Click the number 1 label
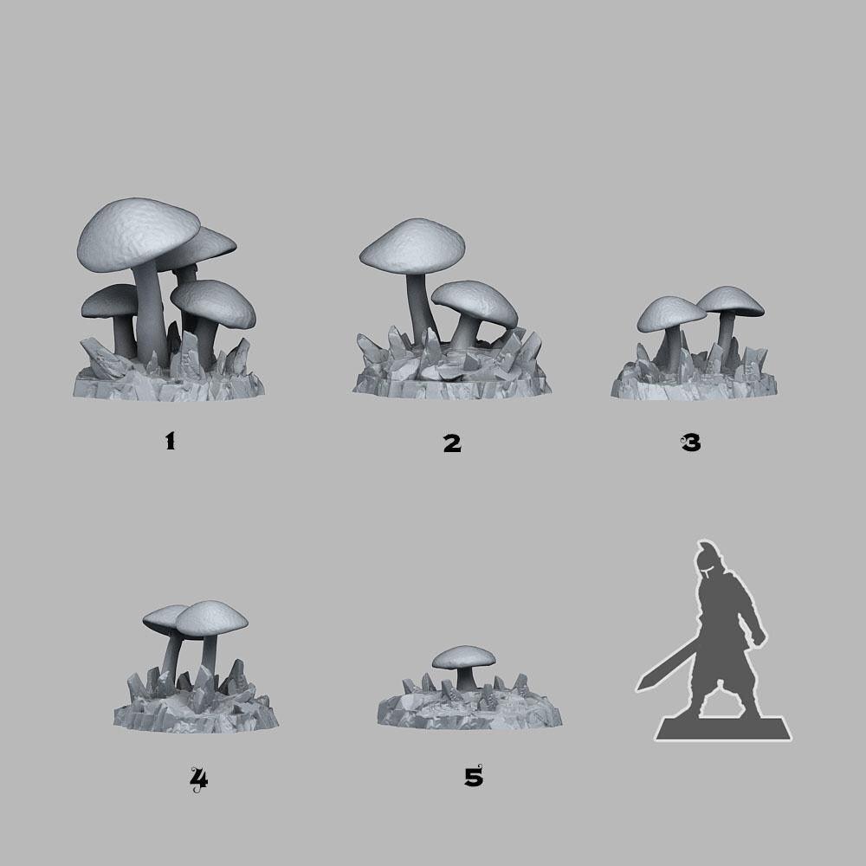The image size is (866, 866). click(x=170, y=442)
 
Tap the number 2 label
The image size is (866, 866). click(x=452, y=443)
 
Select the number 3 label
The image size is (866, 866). click(x=690, y=443)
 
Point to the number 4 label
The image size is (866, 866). click(x=199, y=780)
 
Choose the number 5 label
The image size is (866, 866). click(x=473, y=777)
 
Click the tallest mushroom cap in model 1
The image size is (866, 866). click(x=139, y=232)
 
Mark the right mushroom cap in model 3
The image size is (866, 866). click(x=730, y=300)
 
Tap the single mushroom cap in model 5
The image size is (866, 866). click(x=464, y=656)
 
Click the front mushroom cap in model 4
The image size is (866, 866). click(x=212, y=616)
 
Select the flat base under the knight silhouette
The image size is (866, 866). click(x=723, y=732)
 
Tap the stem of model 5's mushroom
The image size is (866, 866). click(x=468, y=679)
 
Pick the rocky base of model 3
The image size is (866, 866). click(x=684, y=385)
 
